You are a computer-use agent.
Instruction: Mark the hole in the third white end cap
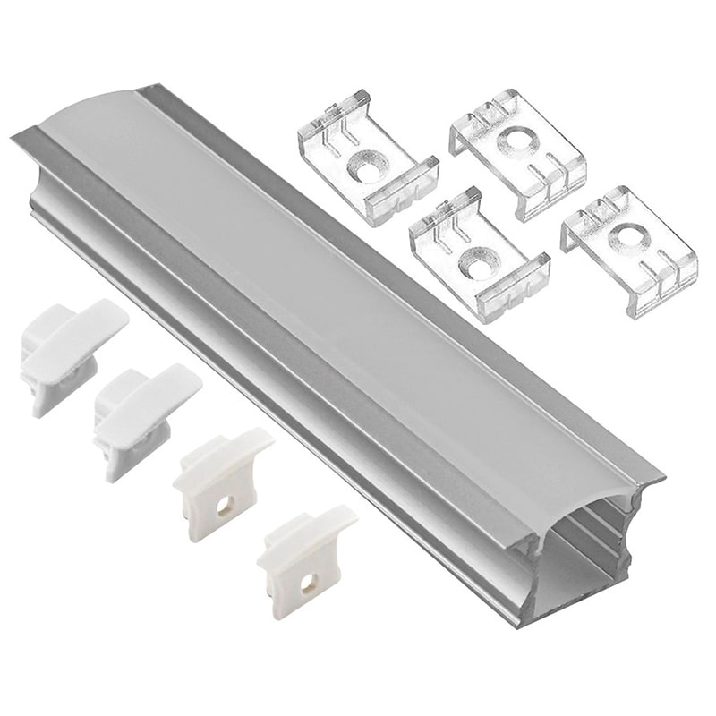pyautogui.click(x=225, y=507)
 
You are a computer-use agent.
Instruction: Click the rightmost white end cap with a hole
pyautogui.click(x=304, y=559)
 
